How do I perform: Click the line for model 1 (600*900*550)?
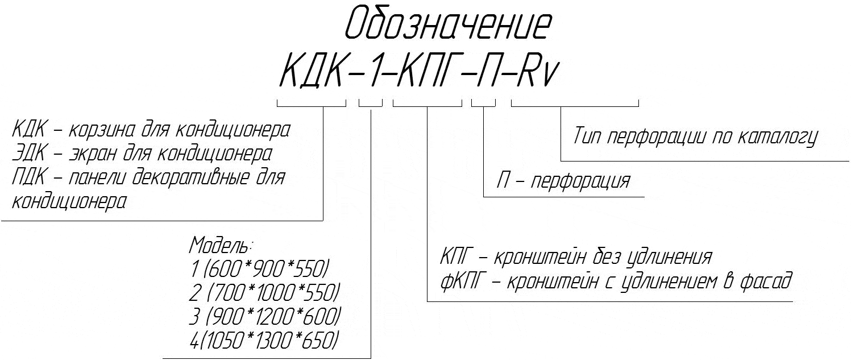[260, 268]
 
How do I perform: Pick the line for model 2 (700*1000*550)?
[264, 293]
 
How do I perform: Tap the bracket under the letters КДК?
[312, 104]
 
